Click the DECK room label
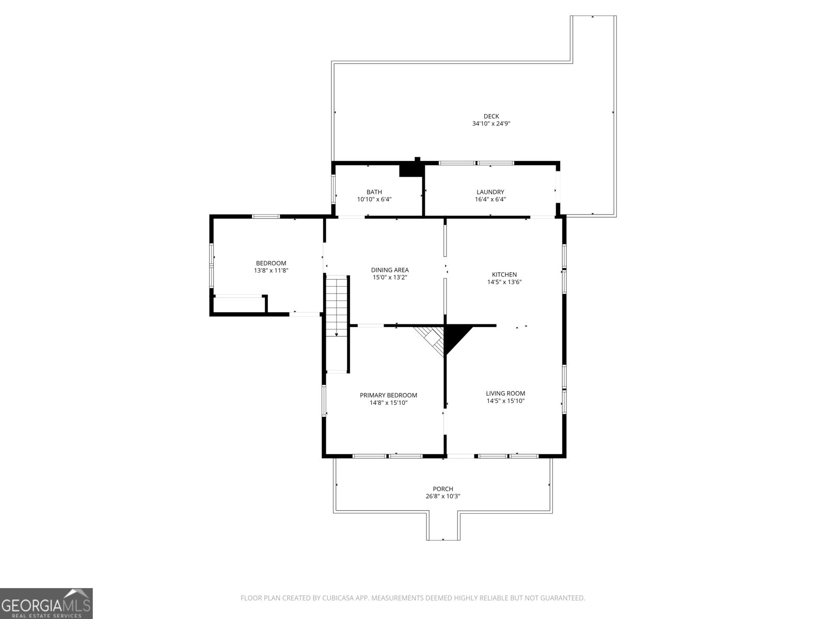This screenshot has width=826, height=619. [x=491, y=116]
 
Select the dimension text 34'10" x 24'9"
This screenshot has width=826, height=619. [x=491, y=124]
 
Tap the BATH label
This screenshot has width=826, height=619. [x=374, y=192]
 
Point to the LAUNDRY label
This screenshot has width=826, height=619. [x=490, y=192]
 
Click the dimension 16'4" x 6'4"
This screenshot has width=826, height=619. [x=490, y=200]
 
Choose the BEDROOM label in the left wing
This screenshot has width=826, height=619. [x=271, y=263]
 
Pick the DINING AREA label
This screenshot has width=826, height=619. [x=390, y=270]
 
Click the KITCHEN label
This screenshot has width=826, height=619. [x=504, y=274]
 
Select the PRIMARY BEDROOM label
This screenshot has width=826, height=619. [x=388, y=395]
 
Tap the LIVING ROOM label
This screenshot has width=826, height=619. [x=505, y=393]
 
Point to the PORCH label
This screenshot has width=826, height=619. [x=443, y=489]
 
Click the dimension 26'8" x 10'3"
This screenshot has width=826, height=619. [x=443, y=497]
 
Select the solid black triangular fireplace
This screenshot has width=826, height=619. [x=455, y=335]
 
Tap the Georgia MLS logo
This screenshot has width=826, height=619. [x=46, y=603]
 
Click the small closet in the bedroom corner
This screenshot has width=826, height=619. [x=239, y=305]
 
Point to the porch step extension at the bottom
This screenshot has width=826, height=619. [x=443, y=526]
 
